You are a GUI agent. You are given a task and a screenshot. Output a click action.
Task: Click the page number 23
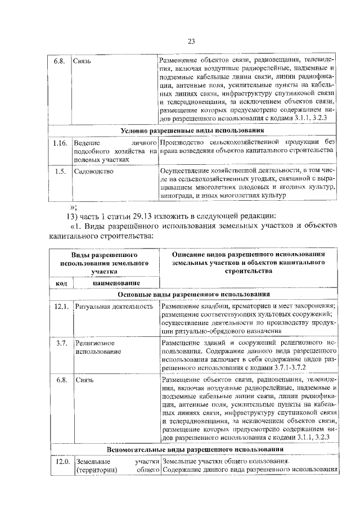191,41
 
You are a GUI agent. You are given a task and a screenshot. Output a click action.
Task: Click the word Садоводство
93,171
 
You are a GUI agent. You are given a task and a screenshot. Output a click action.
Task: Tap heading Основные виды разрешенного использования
193,294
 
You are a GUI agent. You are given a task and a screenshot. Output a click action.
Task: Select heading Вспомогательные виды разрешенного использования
193,449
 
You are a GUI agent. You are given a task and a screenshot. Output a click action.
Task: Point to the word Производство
180,143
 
